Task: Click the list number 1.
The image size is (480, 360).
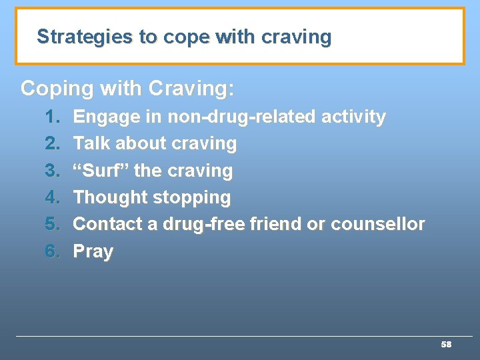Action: tap(52, 117)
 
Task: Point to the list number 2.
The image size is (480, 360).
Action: tap(52, 143)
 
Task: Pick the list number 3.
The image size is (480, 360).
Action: tap(52, 171)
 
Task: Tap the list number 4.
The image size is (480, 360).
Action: tap(52, 197)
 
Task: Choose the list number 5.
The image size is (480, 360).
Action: tap(52, 224)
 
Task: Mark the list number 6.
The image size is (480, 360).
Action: tap(52, 251)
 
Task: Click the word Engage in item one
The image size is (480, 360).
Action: tap(106, 118)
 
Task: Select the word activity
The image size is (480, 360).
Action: tap(353, 117)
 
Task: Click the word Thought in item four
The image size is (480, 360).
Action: tap(110, 198)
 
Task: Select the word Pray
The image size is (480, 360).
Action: tap(93, 252)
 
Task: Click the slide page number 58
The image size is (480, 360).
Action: tap(446, 345)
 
